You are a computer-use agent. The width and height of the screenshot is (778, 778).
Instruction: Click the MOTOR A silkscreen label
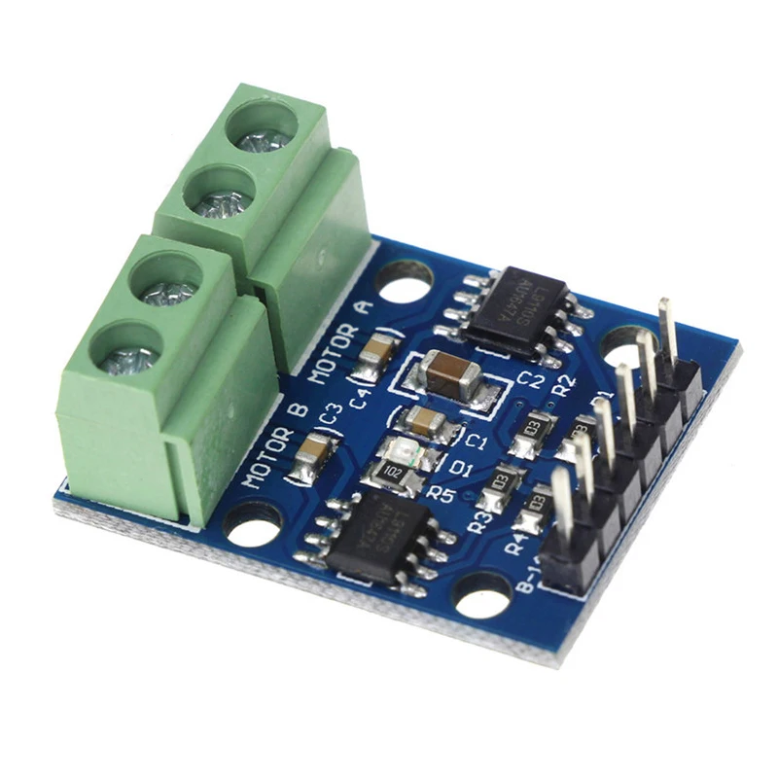click(341, 338)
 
